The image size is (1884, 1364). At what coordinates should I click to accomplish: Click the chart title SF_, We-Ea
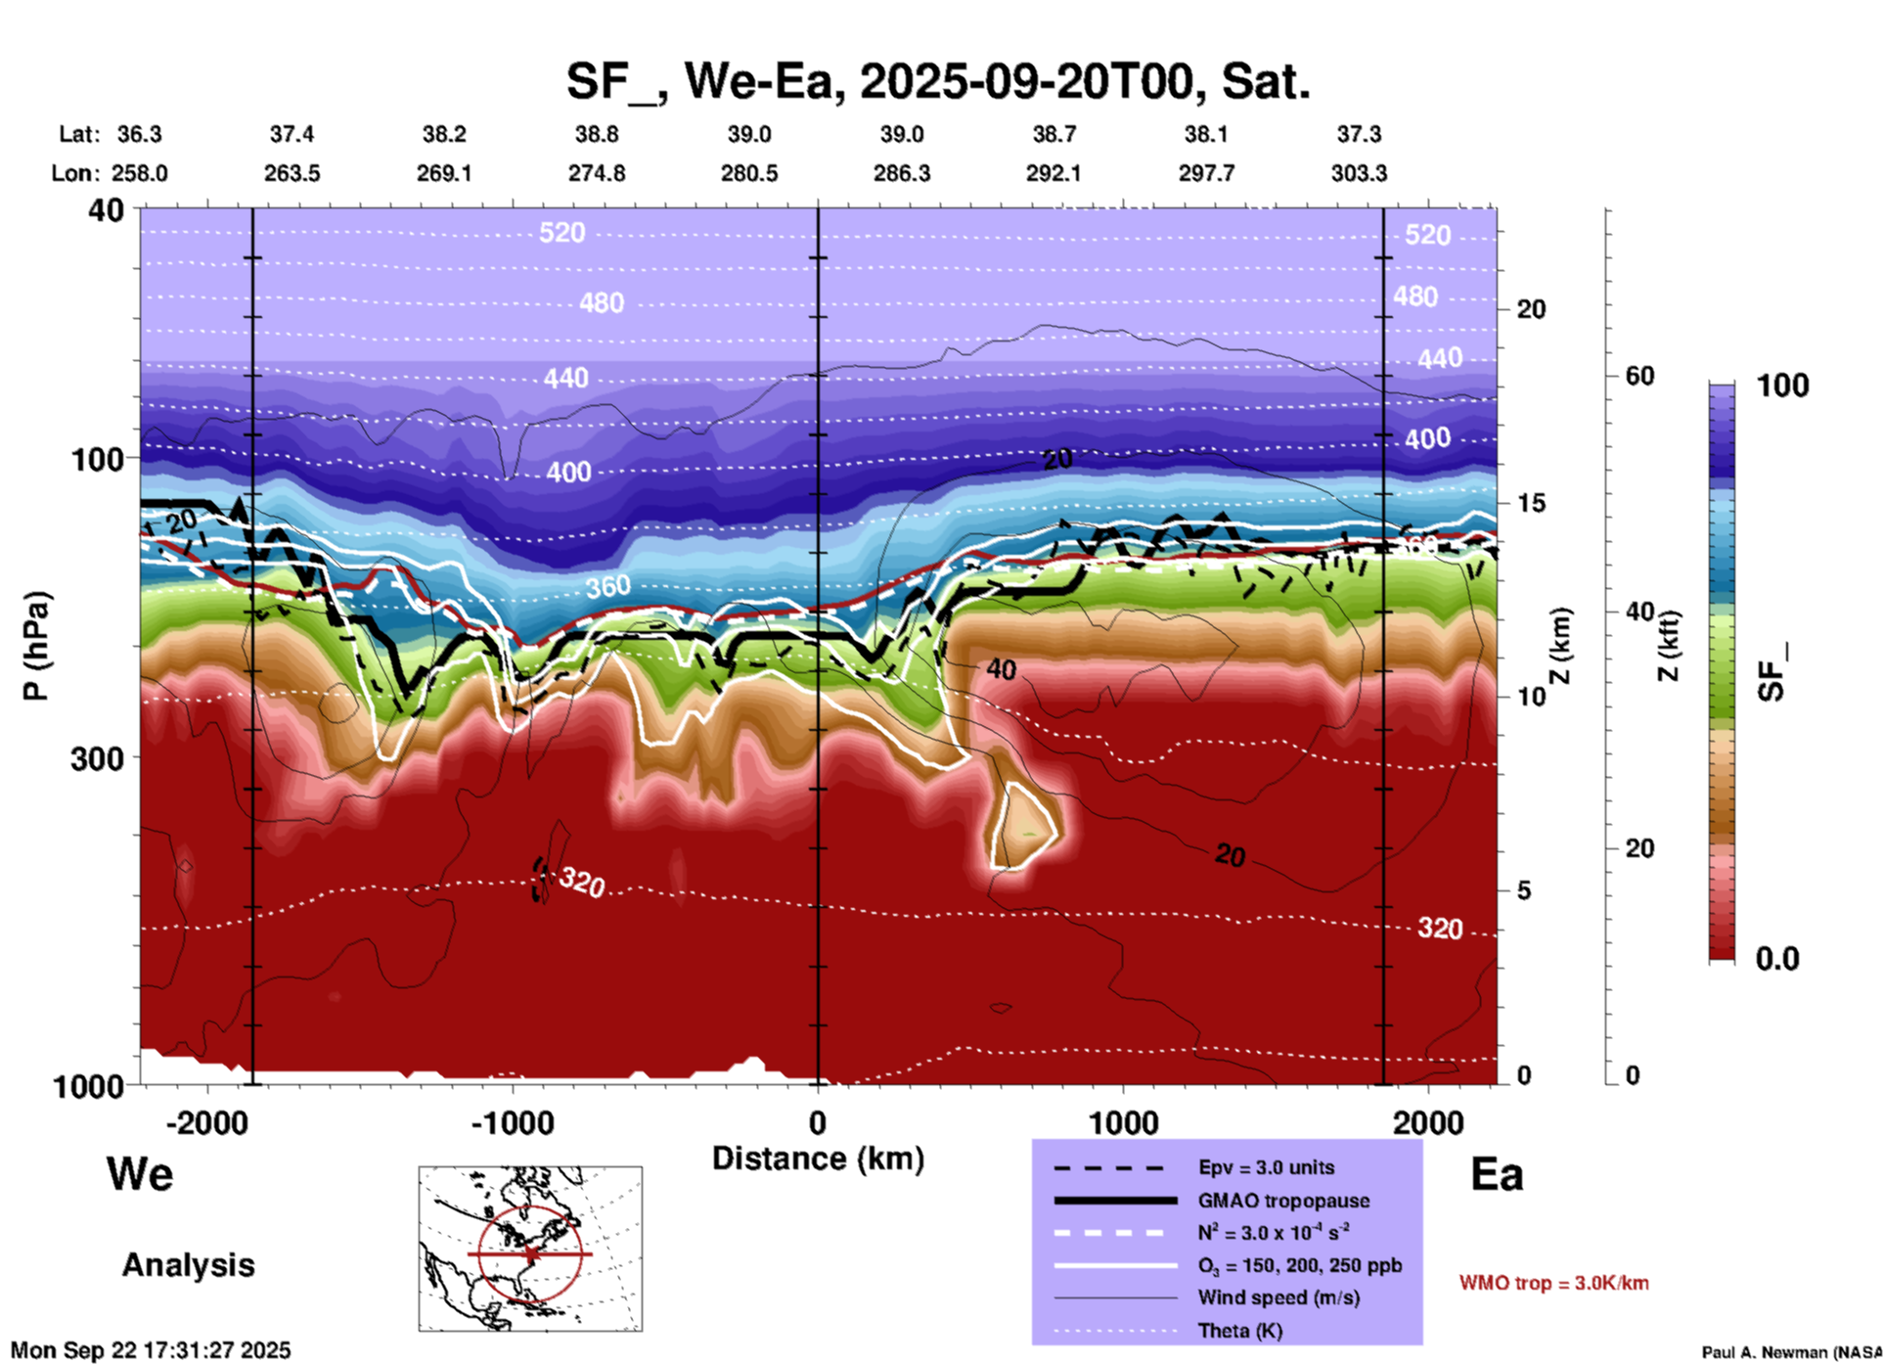pos(938,81)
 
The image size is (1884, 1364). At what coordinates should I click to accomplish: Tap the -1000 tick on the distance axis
pos(513,1123)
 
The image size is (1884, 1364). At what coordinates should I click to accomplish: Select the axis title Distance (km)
pos(818,1159)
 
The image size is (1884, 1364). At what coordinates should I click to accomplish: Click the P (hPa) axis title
pos(36,646)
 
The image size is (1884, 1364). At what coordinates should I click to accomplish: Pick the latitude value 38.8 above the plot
pos(597,134)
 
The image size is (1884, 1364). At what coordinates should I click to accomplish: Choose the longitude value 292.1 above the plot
pos(1054,173)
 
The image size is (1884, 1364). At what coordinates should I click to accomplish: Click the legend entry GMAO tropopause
pos(1283,1201)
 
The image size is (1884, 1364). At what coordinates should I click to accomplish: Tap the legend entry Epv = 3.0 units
pos(1266,1167)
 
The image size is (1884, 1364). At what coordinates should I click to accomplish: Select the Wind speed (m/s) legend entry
pos(1278,1297)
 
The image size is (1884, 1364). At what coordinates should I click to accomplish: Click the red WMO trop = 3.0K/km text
pos(1553,1283)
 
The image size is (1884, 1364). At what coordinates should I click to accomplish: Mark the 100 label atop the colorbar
pos(1782,386)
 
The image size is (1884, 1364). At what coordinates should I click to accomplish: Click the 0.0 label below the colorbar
pos(1777,959)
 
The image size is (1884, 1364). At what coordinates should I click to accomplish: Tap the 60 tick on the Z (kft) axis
pos(1639,376)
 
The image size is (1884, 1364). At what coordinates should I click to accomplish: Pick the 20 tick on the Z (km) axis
pos(1531,309)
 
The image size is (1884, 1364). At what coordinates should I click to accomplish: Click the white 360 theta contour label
pos(608,587)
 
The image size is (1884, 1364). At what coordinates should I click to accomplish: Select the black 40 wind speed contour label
pos(1001,669)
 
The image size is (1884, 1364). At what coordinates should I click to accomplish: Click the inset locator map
pos(530,1249)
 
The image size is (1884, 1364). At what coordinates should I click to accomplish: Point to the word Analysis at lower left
pos(188,1265)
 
